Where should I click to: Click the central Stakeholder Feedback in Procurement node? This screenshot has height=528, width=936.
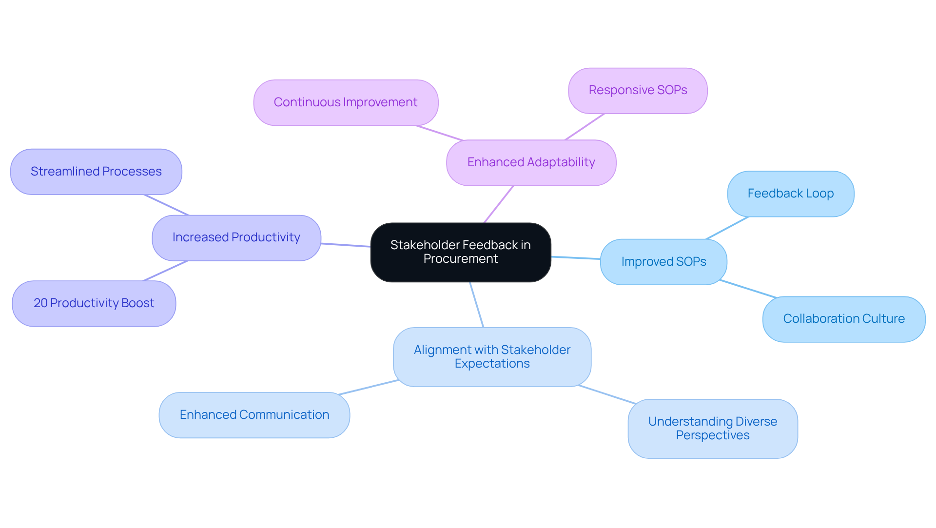click(x=461, y=252)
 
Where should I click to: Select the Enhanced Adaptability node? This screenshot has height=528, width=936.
click(x=531, y=162)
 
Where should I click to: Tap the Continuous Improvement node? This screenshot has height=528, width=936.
click(x=346, y=102)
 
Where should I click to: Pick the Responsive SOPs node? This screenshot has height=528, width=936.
click(x=638, y=91)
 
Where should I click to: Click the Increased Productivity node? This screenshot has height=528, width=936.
click(x=236, y=238)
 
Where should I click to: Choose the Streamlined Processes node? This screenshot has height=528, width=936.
click(x=96, y=172)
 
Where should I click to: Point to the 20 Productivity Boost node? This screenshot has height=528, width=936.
click(x=94, y=303)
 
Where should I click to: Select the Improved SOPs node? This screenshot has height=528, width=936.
click(x=663, y=262)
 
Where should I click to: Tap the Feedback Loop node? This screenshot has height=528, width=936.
click(x=790, y=194)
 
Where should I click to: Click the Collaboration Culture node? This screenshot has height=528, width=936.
click(x=843, y=319)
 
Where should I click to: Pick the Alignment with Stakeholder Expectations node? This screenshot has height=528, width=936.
click(x=492, y=357)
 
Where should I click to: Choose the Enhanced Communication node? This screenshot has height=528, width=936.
click(x=254, y=415)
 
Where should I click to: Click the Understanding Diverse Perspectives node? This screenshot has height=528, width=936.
click(x=712, y=429)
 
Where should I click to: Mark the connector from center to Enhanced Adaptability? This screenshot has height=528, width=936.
click(x=499, y=204)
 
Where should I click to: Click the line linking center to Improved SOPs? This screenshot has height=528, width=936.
click(x=576, y=258)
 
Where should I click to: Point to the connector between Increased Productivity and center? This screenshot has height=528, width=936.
click(x=346, y=245)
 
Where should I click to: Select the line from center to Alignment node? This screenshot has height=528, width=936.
click(x=476, y=305)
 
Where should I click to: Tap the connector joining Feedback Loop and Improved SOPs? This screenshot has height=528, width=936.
click(x=727, y=228)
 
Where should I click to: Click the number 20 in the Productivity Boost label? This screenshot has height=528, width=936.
click(x=40, y=303)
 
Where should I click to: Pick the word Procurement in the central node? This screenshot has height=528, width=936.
click(x=461, y=259)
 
